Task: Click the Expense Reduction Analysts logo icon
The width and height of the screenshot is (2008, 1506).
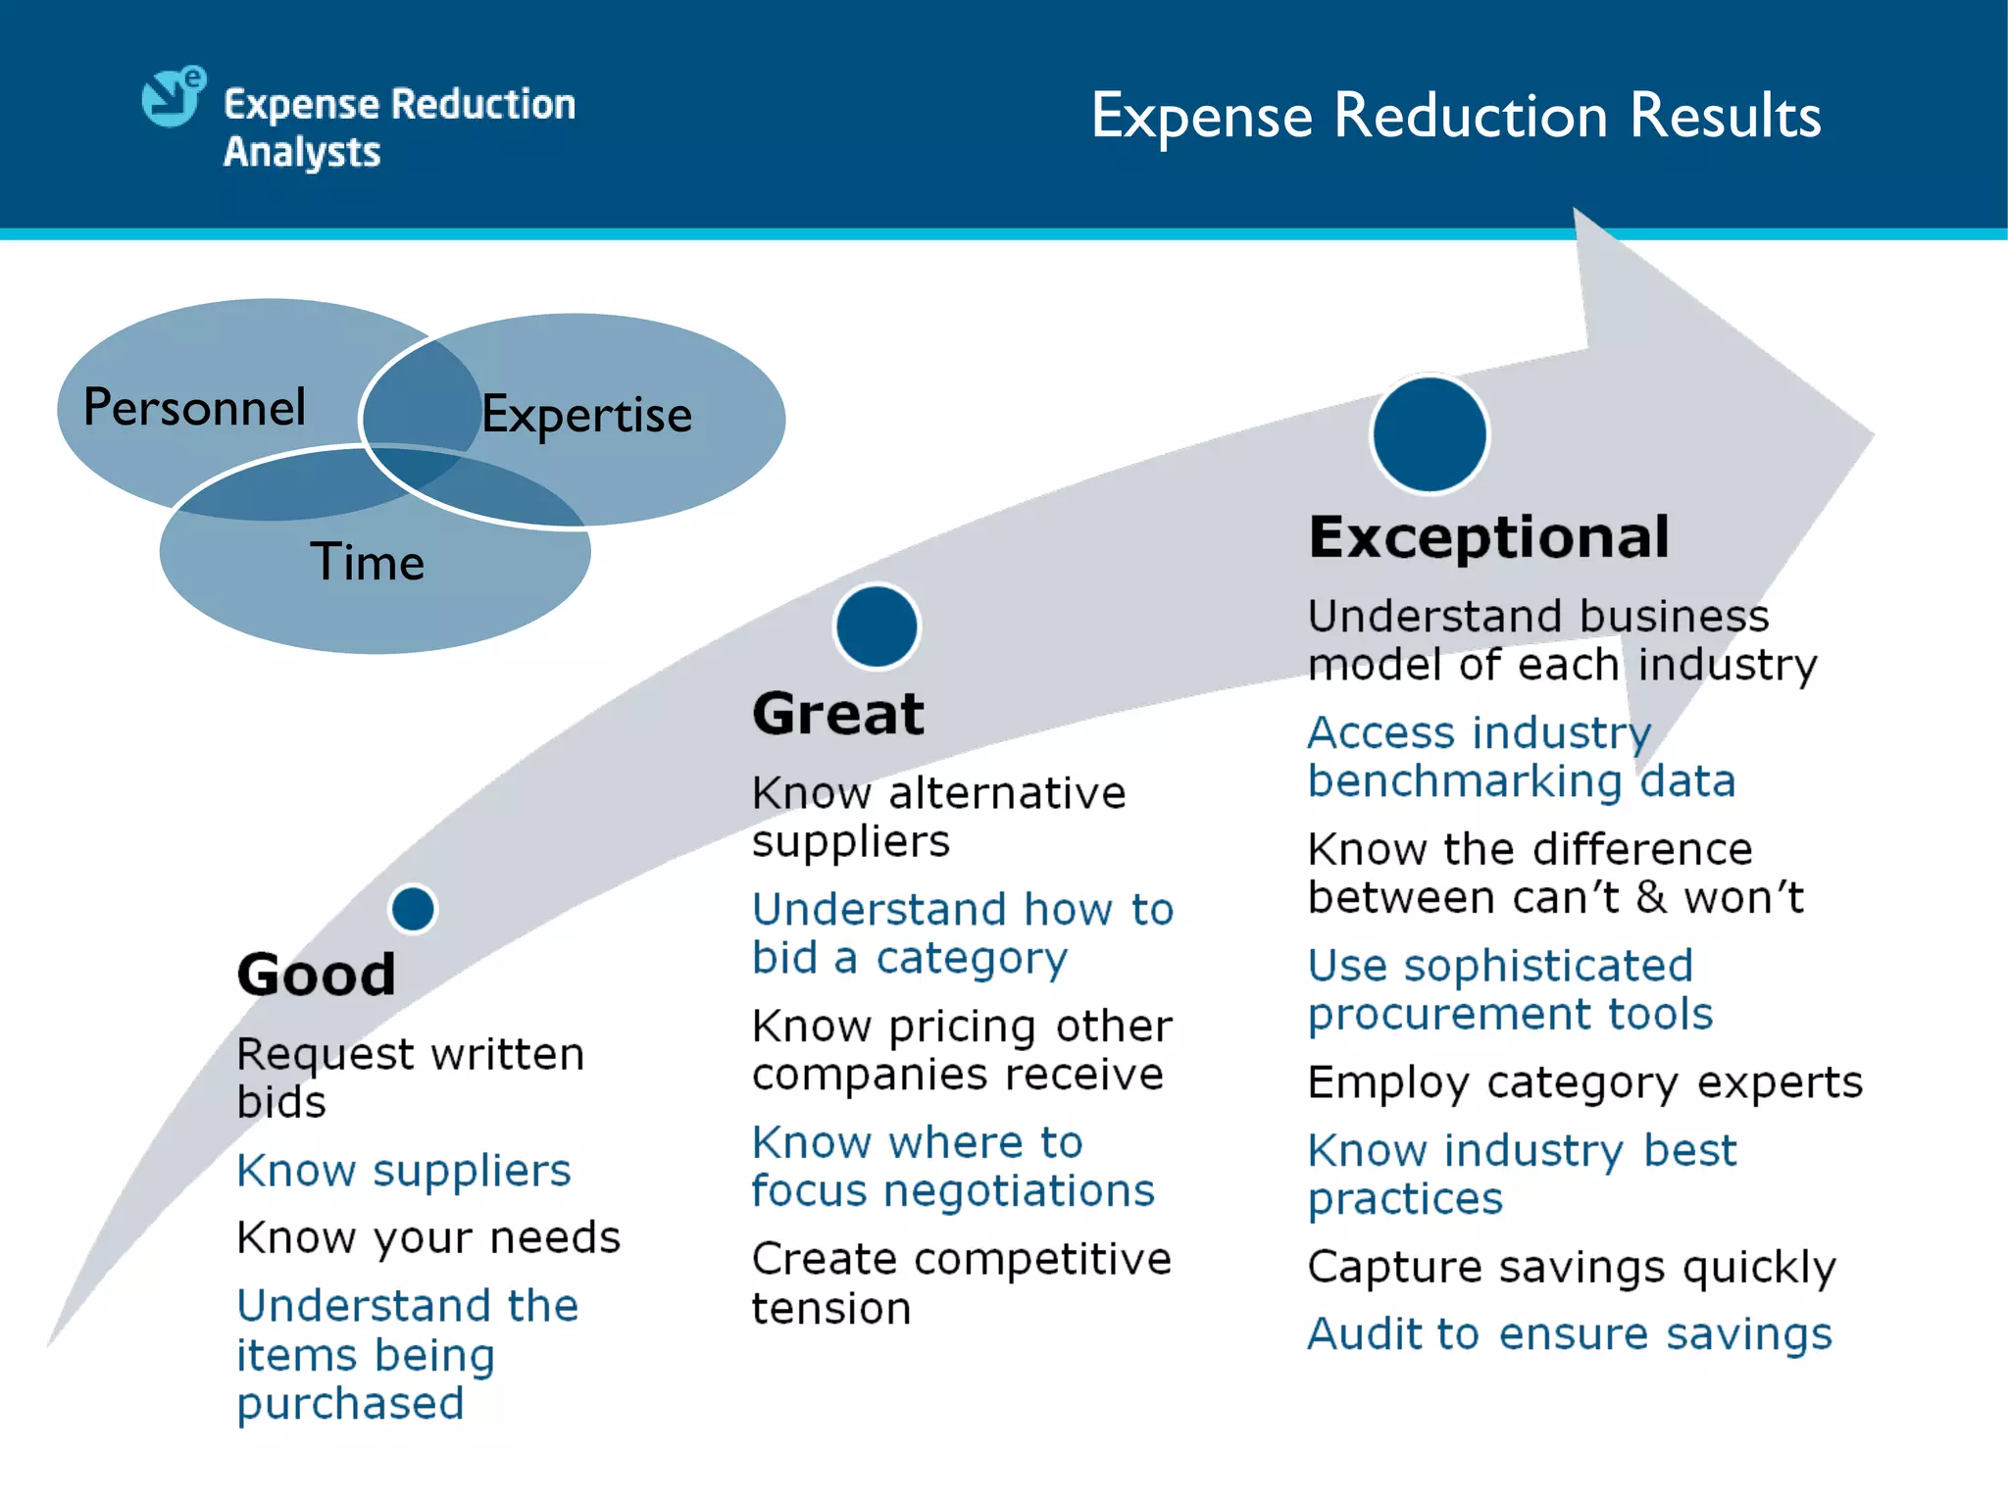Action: click(x=174, y=97)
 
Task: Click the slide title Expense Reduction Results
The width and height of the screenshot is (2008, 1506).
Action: click(x=1456, y=116)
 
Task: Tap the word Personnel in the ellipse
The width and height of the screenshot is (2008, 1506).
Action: click(x=194, y=407)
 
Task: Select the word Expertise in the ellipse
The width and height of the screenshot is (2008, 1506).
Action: click(x=586, y=414)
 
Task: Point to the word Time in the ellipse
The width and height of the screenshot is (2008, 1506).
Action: click(x=368, y=562)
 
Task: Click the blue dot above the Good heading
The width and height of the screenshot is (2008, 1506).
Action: click(x=413, y=909)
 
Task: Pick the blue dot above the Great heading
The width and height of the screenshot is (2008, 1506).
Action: click(x=877, y=627)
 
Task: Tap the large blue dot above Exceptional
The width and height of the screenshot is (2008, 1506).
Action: click(x=1430, y=434)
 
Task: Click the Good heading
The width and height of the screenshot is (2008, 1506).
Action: click(x=316, y=974)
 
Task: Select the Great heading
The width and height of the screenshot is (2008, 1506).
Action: click(x=838, y=713)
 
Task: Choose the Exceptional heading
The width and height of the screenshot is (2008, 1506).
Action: click(x=1488, y=537)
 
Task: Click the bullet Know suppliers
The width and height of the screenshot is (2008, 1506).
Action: click(x=404, y=1171)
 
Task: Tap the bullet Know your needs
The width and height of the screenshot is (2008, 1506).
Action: click(x=428, y=1237)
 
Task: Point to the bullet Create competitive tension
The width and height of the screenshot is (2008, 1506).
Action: click(x=961, y=1282)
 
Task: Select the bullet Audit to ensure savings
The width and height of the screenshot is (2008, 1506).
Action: click(x=1570, y=1334)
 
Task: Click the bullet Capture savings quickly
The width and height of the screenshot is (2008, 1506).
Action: click(x=1572, y=1267)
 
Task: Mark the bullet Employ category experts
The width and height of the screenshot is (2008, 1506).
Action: click(x=1584, y=1082)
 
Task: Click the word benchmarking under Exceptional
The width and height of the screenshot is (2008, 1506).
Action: click(x=1465, y=781)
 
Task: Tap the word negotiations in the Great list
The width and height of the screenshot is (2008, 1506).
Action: click(x=1019, y=1191)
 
